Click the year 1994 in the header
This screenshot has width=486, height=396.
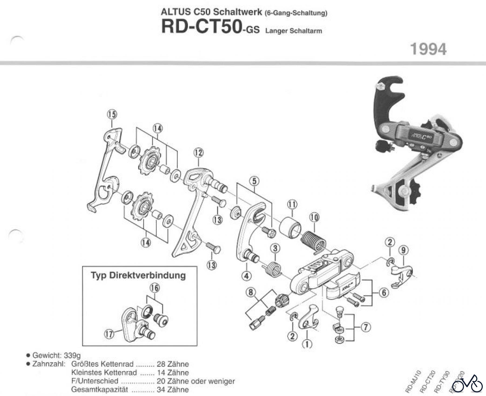428,49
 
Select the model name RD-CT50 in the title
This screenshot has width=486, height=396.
201,27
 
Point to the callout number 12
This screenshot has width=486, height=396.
198,153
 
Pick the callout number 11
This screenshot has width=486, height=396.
292,205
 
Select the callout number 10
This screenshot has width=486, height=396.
314,217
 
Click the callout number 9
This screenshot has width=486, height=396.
403,250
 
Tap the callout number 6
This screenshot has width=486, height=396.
384,292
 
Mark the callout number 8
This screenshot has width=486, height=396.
251,292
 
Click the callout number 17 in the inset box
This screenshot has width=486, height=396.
109,334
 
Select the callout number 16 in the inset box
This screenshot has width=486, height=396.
155,288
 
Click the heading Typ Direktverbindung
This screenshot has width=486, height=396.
138,275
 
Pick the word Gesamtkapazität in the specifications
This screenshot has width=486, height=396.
100,390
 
